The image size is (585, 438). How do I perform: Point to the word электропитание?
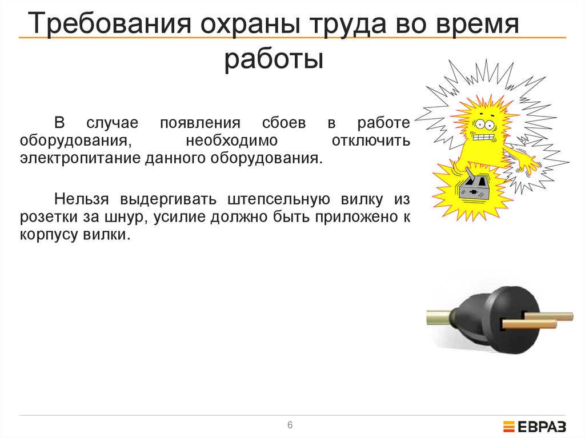tap(77, 157)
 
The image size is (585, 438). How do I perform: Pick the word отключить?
tap(371, 140)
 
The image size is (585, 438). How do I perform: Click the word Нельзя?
tap(82, 199)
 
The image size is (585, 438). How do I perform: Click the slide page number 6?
tap(290, 425)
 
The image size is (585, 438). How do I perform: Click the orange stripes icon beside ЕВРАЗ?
tap(508, 426)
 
